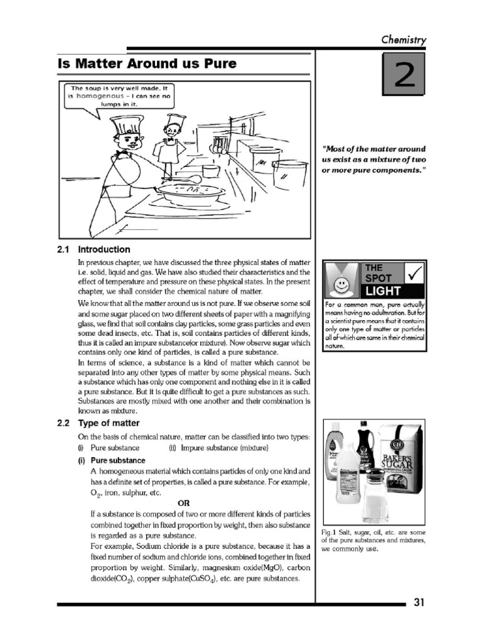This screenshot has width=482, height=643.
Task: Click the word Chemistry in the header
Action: pyautogui.click(x=404, y=40)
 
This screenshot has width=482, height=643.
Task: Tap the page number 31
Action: pyautogui.click(x=419, y=603)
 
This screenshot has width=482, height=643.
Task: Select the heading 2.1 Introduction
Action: pyautogui.click(x=94, y=249)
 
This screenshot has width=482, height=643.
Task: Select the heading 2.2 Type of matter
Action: pyautogui.click(x=98, y=423)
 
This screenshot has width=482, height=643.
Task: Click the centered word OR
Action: pyautogui.click(x=183, y=503)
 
